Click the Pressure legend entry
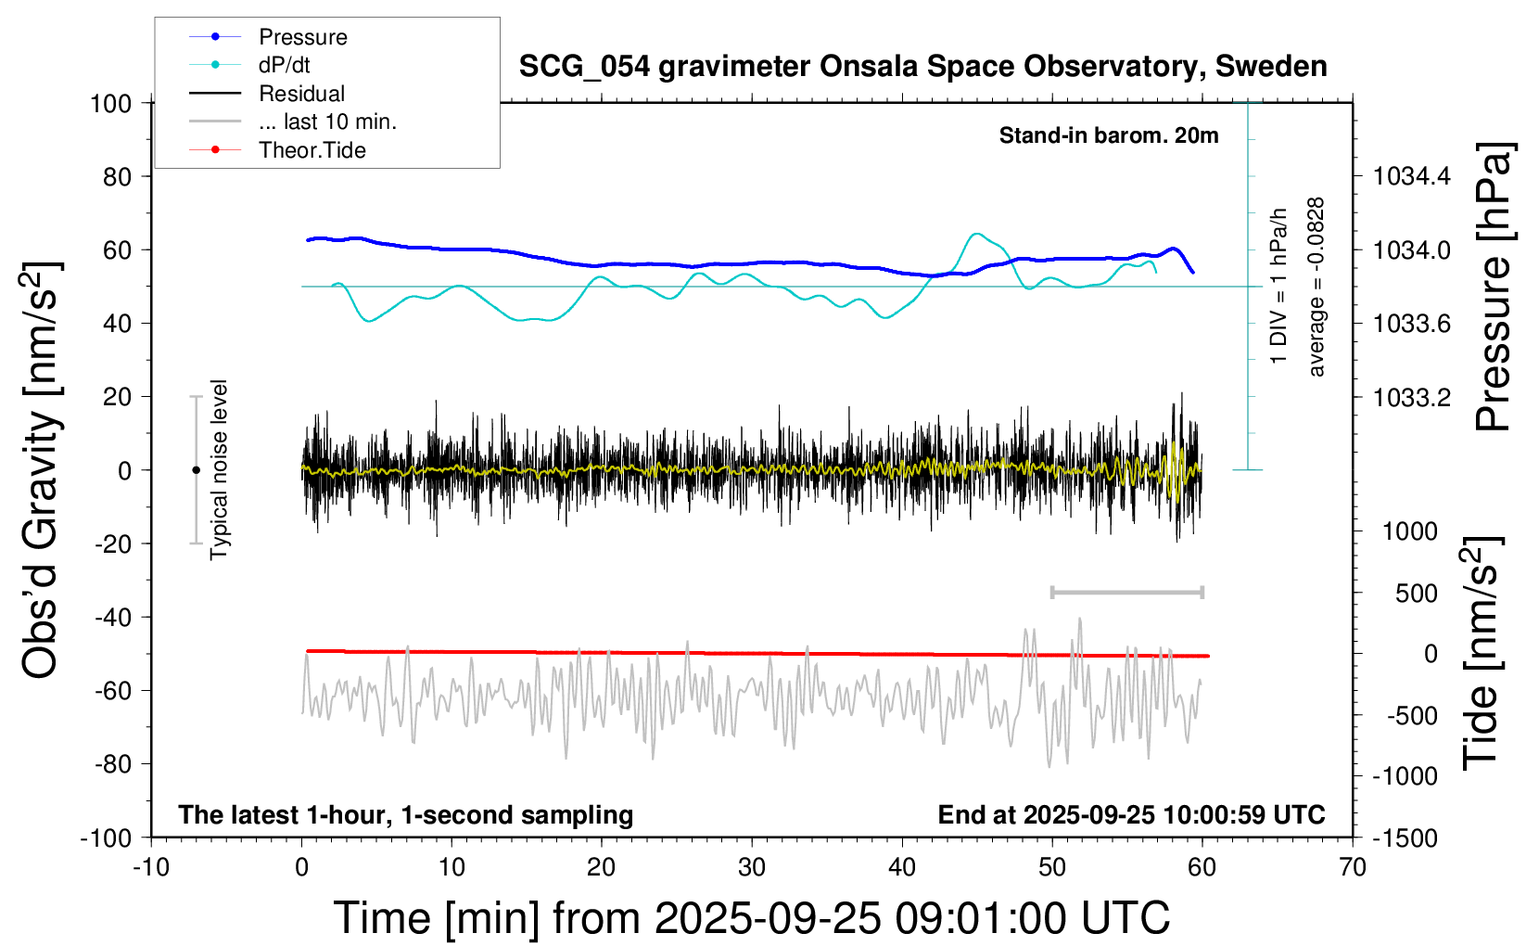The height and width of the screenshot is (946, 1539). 302,37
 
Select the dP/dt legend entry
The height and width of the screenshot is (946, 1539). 284,65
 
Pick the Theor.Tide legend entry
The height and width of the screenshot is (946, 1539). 312,150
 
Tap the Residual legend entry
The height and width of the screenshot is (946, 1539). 301,94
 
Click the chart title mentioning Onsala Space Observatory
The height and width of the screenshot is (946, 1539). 922,67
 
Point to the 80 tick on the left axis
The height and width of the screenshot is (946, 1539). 117,176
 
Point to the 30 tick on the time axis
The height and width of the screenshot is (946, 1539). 752,868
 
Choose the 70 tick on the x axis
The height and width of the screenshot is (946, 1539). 1353,868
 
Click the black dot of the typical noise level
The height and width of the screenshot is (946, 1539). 196,470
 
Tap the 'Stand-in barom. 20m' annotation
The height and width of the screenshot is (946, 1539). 1109,136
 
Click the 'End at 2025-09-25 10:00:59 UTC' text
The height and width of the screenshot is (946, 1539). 1131,815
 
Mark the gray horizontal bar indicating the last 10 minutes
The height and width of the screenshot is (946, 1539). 1126,592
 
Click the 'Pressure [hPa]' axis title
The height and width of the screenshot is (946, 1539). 1494,288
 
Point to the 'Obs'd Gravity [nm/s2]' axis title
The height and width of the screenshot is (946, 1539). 42,470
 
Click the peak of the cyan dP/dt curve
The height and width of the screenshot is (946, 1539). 975,234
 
